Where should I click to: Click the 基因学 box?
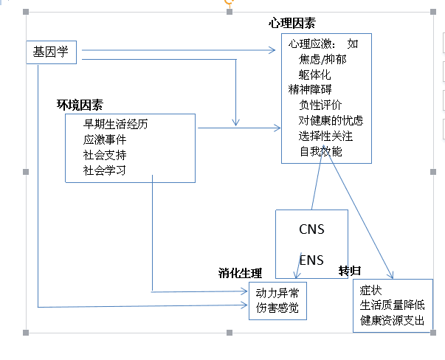pos(51,52)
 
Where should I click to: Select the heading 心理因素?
pos(297,25)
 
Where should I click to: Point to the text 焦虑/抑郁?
pos(322,59)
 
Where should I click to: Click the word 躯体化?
pos(315,75)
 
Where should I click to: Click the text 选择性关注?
pos(325,136)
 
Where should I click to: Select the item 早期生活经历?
pos(116,124)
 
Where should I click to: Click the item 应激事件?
pos(106,139)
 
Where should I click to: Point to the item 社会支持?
pos(106,155)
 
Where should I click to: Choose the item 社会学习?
pos(106,170)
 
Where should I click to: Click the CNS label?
pos(311,229)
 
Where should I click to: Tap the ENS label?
pos(311,260)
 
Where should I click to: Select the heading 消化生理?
pos(240,273)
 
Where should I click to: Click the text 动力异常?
pos(277,292)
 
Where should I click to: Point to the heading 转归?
pos(349,270)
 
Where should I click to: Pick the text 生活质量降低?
pos(393,305)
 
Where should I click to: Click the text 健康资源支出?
pos(393,321)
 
